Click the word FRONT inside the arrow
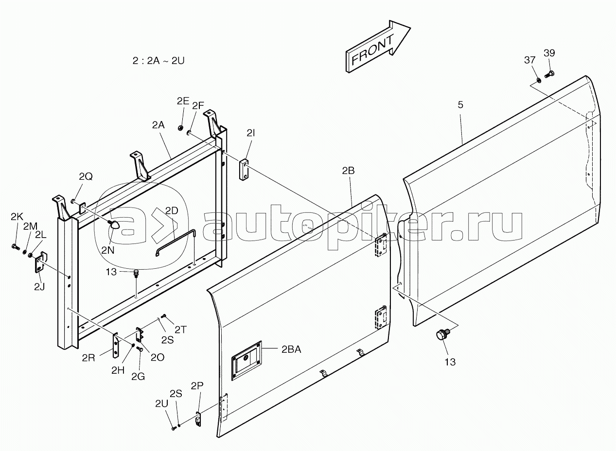coord(373,51)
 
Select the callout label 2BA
coord(291,349)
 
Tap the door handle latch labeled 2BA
coord(246,361)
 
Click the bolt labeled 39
coord(549,74)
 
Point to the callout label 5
coord(460,104)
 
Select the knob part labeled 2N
coord(116,224)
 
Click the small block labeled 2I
coord(244,170)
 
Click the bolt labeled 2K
coord(16,246)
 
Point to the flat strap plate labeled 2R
coord(116,345)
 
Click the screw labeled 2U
coord(174,428)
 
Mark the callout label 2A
coord(158,125)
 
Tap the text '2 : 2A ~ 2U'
coord(158,60)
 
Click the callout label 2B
coord(348,171)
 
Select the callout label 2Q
coord(86,176)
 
